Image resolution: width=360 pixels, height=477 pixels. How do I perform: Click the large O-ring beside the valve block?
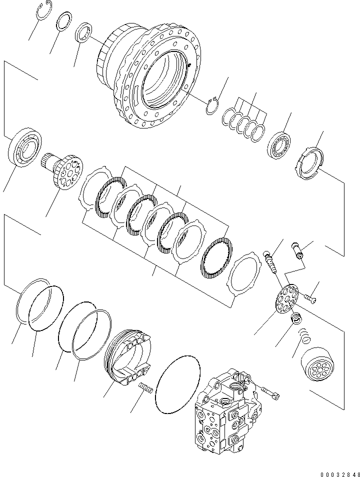pyautogui.click(x=177, y=385)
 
